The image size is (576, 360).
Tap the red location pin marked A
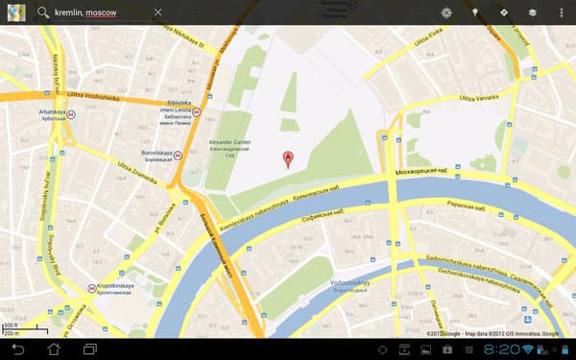tap(287, 158)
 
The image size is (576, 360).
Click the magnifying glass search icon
tap(42, 12)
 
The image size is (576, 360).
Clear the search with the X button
tap(157, 12)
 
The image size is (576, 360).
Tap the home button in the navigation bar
tap(54, 348)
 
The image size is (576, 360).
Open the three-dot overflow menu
tap(561, 12)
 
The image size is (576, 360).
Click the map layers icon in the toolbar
tap(531, 12)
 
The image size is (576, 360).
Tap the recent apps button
tap(90, 348)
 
